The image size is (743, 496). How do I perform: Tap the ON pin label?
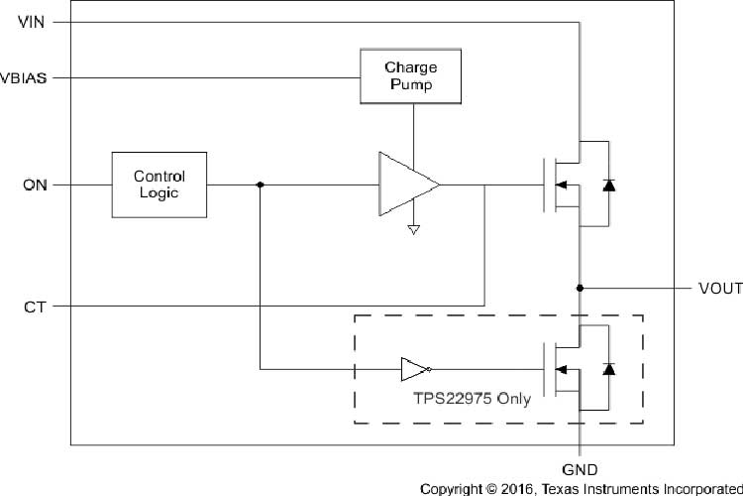[34, 185]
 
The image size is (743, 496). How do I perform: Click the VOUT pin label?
[720, 289]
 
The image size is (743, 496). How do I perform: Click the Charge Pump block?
[409, 76]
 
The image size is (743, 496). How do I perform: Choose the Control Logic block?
[159, 185]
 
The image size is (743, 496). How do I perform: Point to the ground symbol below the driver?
[414, 230]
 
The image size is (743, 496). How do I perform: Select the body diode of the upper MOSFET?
[608, 185]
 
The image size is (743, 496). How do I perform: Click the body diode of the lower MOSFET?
[608, 370]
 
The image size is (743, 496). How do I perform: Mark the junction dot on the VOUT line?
[580, 289]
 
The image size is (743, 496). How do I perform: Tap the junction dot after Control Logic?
[260, 185]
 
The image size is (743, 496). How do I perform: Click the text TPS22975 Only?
[471, 400]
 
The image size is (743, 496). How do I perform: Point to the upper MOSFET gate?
[545, 185]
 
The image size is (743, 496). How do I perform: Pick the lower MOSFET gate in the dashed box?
[545, 370]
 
